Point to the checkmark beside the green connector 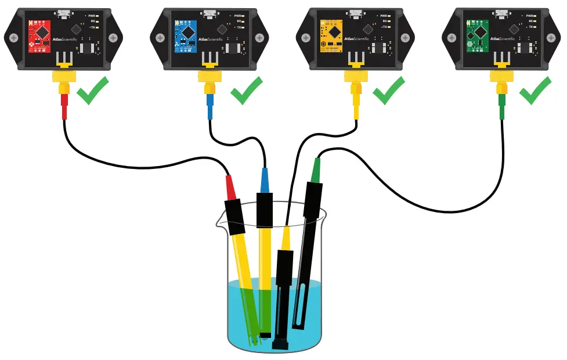coord(534,93)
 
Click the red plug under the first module coord(64,105)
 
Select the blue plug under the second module coord(210,105)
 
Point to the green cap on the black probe coord(316,171)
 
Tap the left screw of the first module coord(12,37)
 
